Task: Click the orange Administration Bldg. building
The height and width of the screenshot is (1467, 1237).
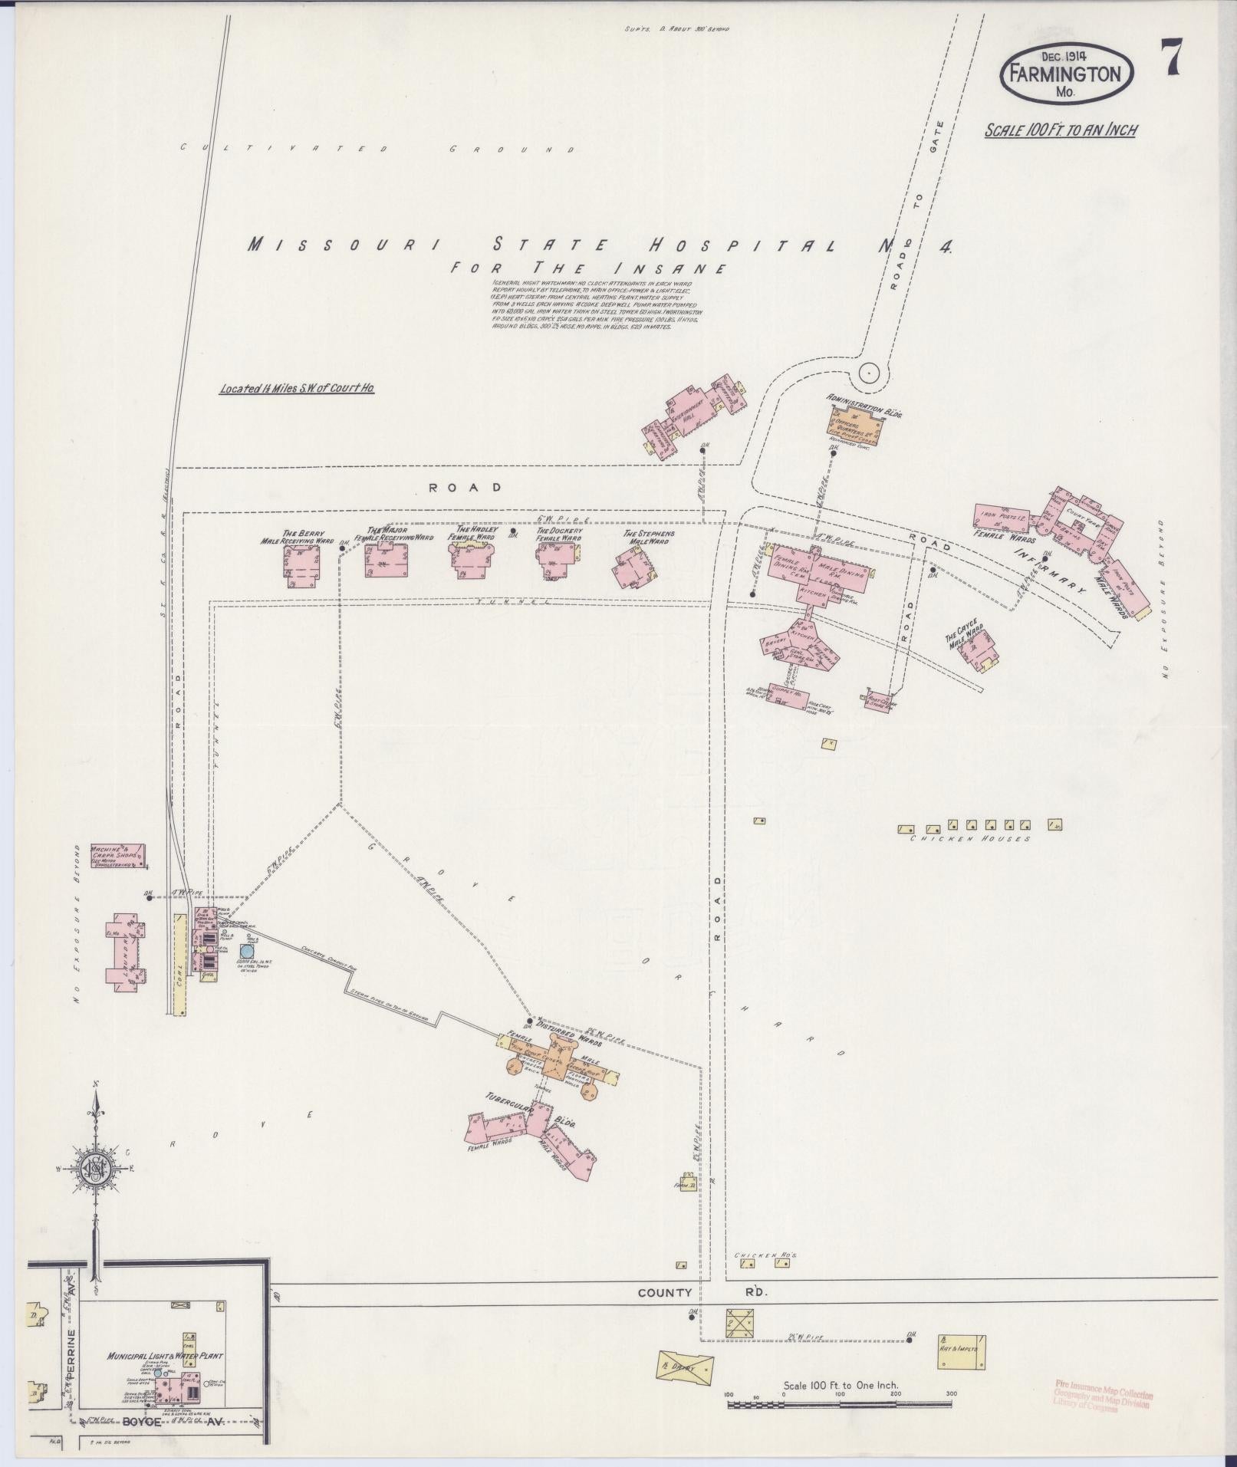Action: point(854,423)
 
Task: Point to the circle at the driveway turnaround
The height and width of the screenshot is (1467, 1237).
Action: point(868,373)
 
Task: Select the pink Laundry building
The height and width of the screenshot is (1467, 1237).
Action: point(126,951)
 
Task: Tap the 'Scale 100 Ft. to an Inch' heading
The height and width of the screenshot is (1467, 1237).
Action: point(1061,130)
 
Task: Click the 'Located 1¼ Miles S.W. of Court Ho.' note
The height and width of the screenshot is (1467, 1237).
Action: point(297,389)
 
